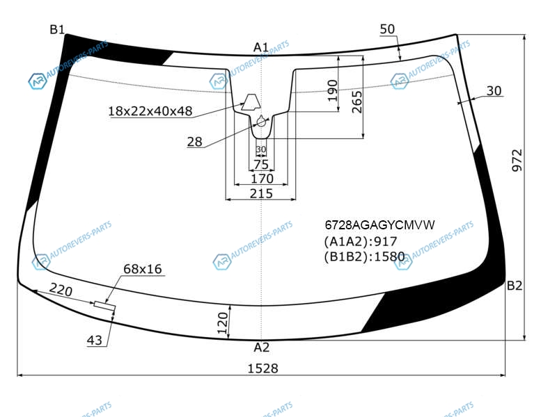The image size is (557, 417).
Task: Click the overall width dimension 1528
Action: coord(262,368)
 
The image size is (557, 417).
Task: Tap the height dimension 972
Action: coord(517,161)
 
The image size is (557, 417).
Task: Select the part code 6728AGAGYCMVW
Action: coord(379,224)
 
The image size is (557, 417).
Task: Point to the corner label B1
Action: coord(57,29)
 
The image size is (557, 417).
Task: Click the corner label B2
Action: coord(515,286)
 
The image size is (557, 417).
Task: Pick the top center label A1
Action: coord(261,47)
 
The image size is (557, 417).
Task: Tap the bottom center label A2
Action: coord(262,347)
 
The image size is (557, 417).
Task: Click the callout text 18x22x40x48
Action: coord(150,111)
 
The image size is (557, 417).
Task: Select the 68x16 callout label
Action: coord(143,269)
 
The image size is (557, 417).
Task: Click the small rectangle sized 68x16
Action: coord(105,305)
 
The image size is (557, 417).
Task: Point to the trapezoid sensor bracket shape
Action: coord(251,102)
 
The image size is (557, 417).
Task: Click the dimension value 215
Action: coord(261,194)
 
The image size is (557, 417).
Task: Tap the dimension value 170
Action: coord(262,179)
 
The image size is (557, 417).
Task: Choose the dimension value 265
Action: coord(357,102)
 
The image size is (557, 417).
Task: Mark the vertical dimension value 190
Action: coord(333,90)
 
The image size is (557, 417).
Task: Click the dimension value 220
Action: coord(61,290)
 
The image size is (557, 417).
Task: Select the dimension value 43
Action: coord(95,341)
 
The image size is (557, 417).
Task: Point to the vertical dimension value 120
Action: coord(223,323)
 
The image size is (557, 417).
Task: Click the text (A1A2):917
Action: coord(361,241)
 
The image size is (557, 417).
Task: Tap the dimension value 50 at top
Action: coord(387,29)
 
